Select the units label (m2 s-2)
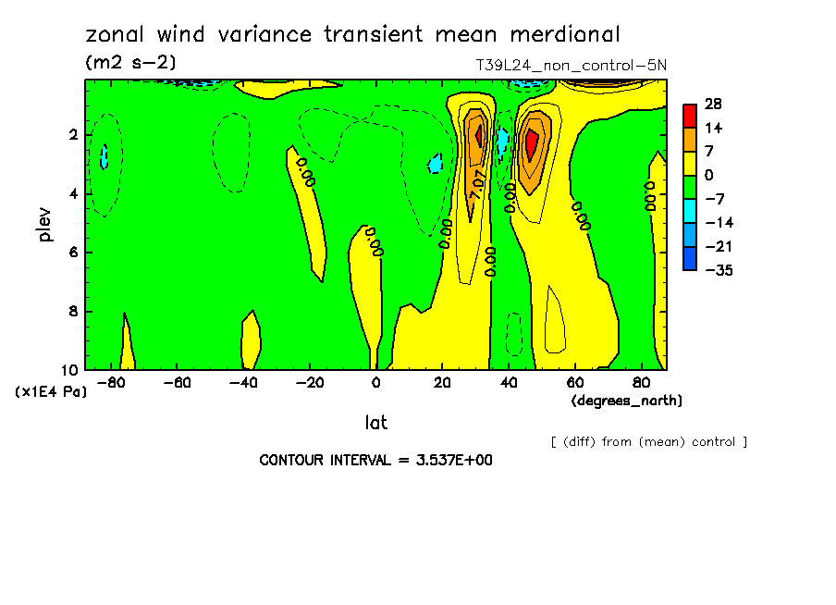pos(130,63)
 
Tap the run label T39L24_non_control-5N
pos(570,66)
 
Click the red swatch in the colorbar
pos(690,115)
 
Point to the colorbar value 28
pos(712,104)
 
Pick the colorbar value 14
pos(712,128)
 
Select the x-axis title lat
pos(375,423)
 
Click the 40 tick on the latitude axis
pos(508,382)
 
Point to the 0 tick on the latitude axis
pos(375,382)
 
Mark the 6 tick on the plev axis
pos(73,253)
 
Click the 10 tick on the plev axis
pos(69,369)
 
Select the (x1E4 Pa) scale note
pos(51,391)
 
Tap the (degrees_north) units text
pos(627,400)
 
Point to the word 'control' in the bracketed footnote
pos(712,441)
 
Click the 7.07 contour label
pos(478,183)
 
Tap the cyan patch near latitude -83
pos(104,155)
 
